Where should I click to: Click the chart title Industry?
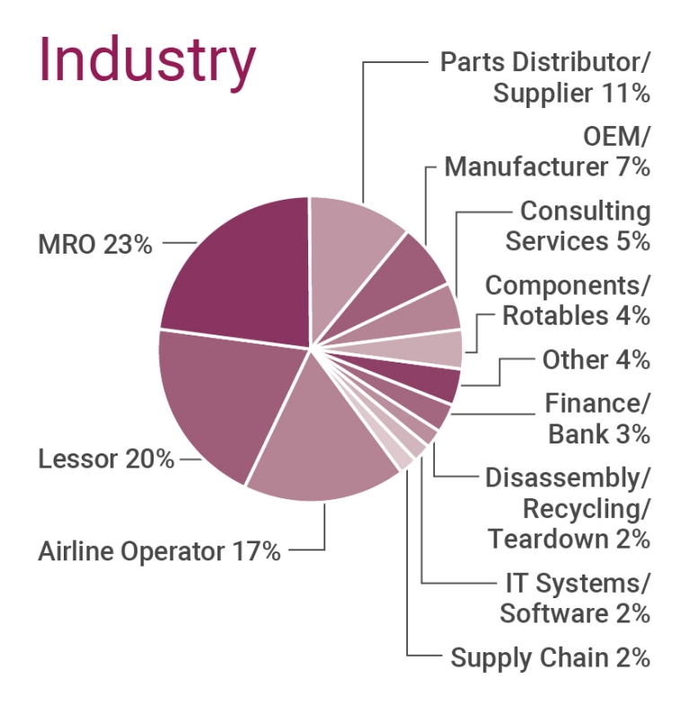[x=146, y=59]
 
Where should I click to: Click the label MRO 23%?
[x=95, y=244]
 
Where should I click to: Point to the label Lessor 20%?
[x=106, y=459]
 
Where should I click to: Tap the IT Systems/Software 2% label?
[x=575, y=598]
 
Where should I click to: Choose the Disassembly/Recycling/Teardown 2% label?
[x=569, y=508]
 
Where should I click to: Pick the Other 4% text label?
[x=596, y=360]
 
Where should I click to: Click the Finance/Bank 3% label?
[x=597, y=418]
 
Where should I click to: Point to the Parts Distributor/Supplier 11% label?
[x=545, y=77]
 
